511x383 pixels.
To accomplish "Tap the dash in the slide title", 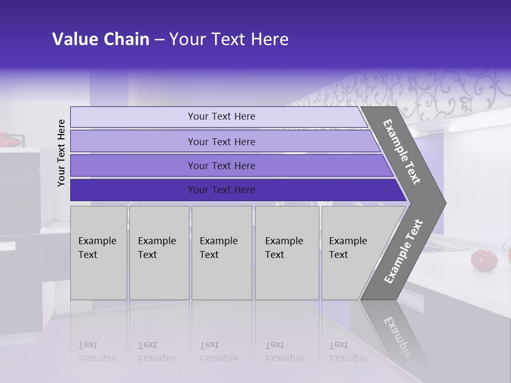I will click(159, 40).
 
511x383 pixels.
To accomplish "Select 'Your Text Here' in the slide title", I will click(229, 39).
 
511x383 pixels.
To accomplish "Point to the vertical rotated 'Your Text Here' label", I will click(61, 153).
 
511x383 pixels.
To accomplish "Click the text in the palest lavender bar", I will click(221, 116).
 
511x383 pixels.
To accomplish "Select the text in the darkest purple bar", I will click(221, 190).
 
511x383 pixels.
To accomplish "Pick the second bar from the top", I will click(221, 141).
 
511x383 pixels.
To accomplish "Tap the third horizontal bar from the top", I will click(221, 166).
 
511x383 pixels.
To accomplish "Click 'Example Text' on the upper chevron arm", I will click(402, 152).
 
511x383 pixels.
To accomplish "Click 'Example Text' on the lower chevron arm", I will click(403, 252).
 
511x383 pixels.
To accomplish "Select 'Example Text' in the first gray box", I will click(97, 248).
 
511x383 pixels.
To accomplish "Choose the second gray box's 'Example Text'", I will click(156, 248).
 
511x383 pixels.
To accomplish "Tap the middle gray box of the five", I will click(221, 253).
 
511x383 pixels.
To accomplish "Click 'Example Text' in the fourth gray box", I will click(284, 248).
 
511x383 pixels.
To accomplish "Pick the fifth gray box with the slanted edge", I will click(351, 253).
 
